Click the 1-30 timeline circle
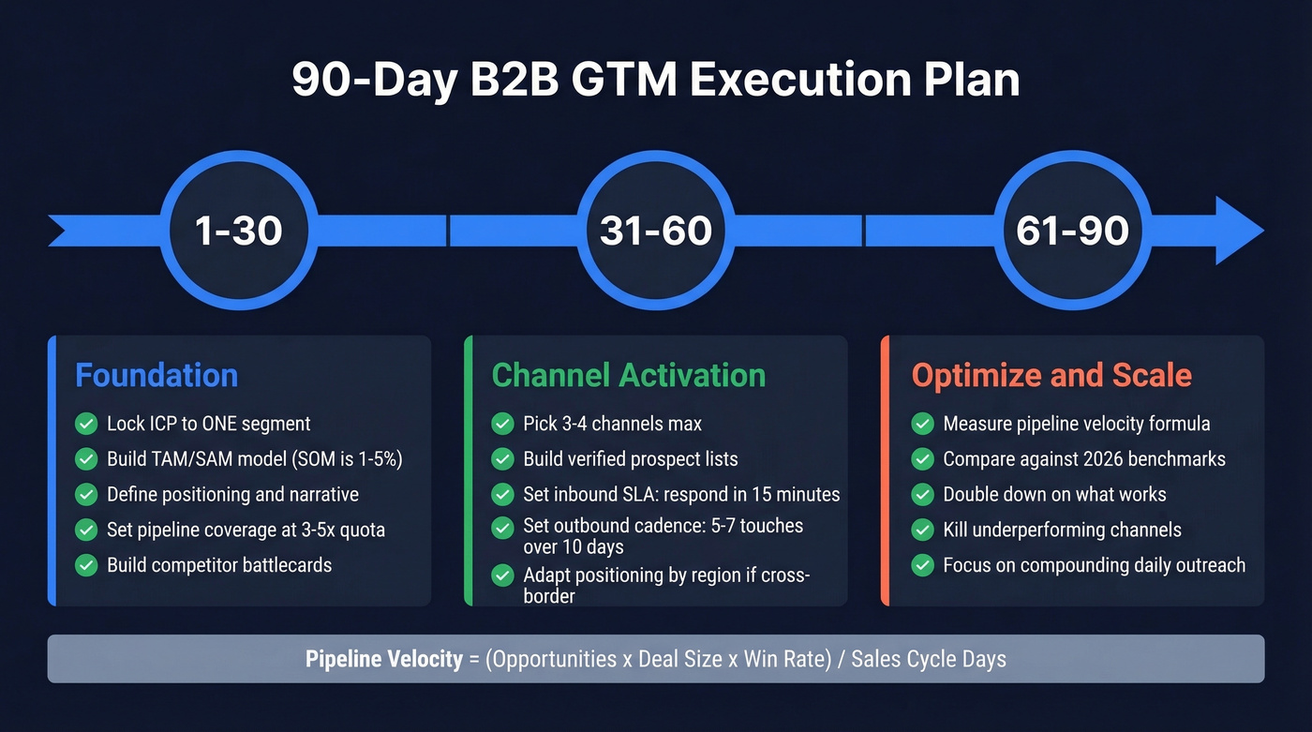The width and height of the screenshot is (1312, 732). click(x=239, y=231)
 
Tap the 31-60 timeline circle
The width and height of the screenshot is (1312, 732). click(x=655, y=231)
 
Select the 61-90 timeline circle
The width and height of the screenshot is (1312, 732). click(x=1072, y=231)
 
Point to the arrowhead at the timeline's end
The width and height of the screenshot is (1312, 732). click(x=1239, y=231)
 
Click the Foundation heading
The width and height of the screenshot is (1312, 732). click(x=157, y=376)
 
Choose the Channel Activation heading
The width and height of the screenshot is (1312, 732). click(x=629, y=376)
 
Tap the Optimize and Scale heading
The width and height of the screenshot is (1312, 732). click(x=1051, y=376)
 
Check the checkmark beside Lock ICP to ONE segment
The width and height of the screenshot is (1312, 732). click(x=86, y=424)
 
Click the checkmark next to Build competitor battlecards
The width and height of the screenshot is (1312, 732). click(x=86, y=565)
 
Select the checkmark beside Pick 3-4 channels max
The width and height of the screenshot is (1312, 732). click(x=502, y=424)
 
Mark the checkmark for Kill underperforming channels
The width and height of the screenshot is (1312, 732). click(x=923, y=530)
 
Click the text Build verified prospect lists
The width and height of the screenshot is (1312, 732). click(x=630, y=459)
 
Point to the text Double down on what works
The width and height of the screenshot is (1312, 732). click(x=1054, y=494)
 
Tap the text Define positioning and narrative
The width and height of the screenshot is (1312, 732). click(x=232, y=494)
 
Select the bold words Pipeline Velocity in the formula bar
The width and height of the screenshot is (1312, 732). click(x=384, y=659)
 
